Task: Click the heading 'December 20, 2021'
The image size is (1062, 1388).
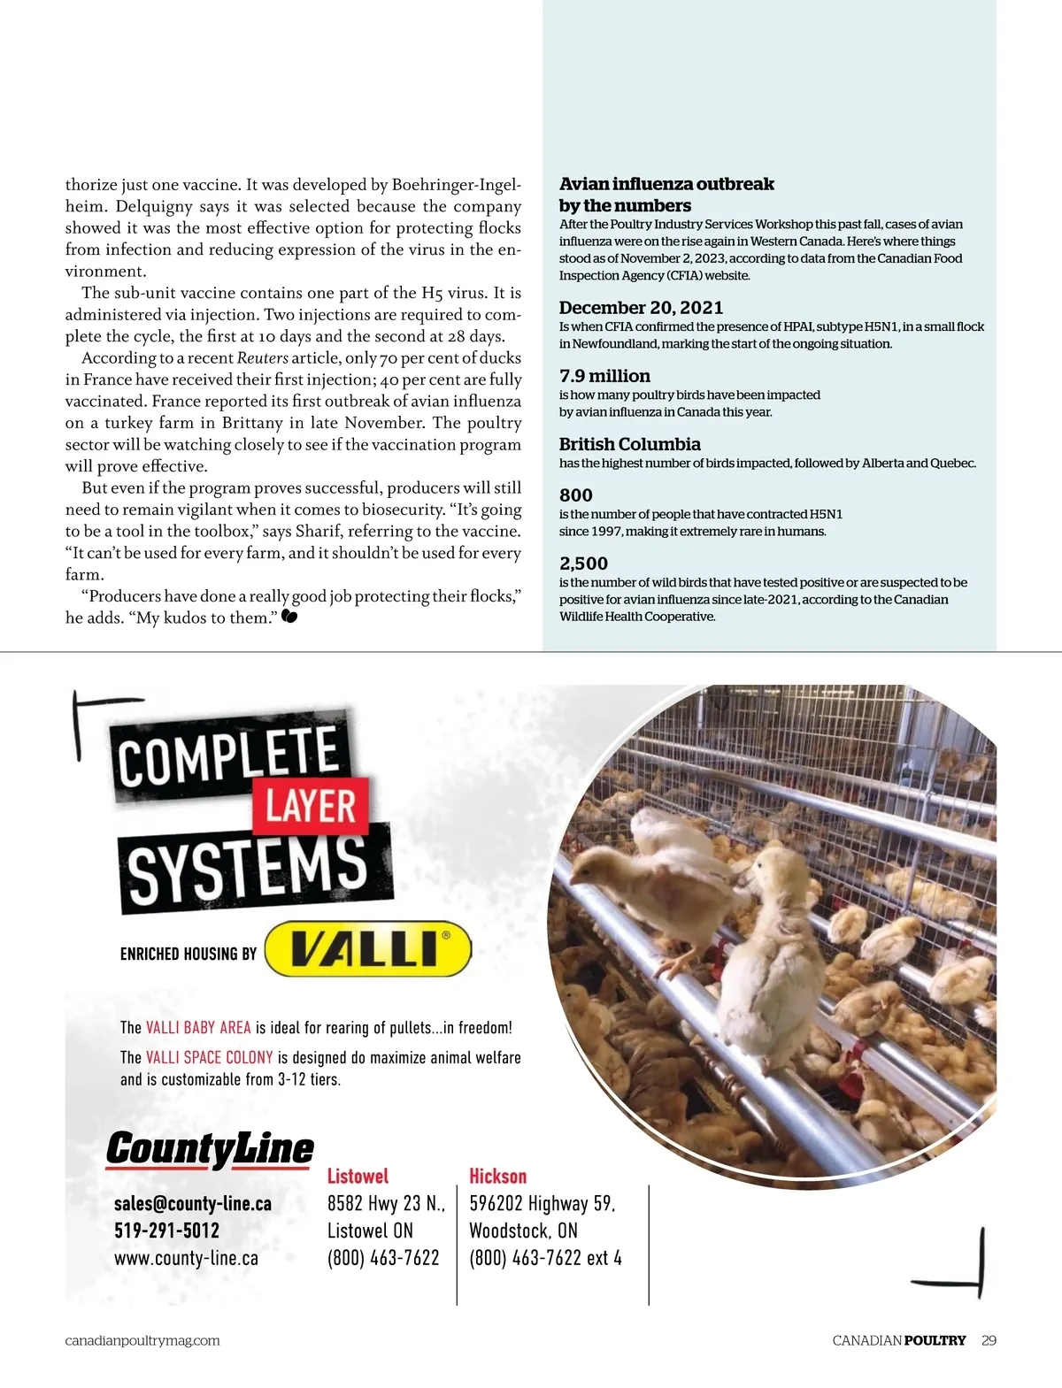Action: (x=641, y=308)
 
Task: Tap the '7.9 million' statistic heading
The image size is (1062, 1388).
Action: (x=604, y=376)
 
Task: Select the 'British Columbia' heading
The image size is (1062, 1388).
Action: (x=629, y=444)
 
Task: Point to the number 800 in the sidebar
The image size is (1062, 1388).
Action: (x=575, y=495)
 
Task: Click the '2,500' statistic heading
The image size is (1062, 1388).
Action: (x=583, y=564)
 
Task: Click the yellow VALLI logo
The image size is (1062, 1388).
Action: (x=368, y=948)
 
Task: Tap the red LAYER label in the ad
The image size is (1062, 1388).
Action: (x=310, y=806)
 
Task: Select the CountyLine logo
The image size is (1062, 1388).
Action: (x=210, y=1148)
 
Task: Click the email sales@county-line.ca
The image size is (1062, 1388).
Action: (x=193, y=1204)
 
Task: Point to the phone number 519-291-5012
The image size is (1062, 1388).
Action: (x=166, y=1231)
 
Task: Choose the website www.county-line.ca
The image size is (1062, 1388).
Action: (x=186, y=1258)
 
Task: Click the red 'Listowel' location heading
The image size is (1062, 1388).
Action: (x=358, y=1177)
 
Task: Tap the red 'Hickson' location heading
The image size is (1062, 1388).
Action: (x=497, y=1177)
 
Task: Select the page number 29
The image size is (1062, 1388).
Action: (x=989, y=1340)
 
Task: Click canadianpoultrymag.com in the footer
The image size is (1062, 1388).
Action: (x=142, y=1340)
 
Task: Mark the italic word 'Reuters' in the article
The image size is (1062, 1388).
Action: (x=262, y=358)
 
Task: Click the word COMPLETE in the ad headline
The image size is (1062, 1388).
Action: (x=228, y=757)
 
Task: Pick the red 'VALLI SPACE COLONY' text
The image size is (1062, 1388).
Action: (x=209, y=1057)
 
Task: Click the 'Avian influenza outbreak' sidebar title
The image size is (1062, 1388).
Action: (x=666, y=184)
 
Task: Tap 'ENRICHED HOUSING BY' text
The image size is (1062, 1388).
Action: (x=188, y=954)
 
